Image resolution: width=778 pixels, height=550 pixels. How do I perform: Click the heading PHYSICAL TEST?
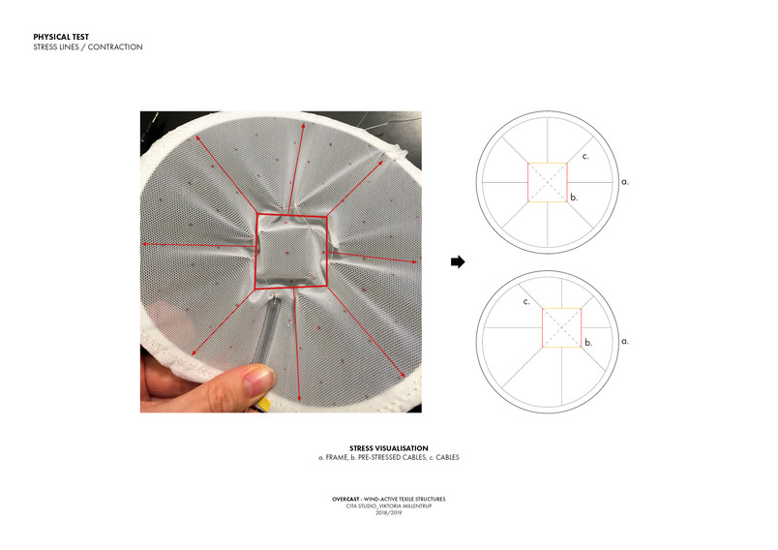click(x=61, y=37)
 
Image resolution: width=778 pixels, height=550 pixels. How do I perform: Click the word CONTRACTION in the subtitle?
click(x=115, y=47)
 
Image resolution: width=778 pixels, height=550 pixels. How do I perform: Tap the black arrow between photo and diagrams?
click(x=458, y=261)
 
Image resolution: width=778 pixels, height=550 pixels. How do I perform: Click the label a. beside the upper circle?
click(x=625, y=182)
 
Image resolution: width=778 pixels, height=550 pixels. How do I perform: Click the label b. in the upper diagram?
click(x=574, y=198)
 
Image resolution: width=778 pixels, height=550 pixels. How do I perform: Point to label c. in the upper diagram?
click(x=585, y=157)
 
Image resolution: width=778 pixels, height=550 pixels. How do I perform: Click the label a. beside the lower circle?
click(x=625, y=341)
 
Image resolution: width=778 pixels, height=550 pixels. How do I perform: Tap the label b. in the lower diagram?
click(x=588, y=342)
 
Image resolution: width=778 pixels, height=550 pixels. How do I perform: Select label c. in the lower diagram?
click(x=526, y=302)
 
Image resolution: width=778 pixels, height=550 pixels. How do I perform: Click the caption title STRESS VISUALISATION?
click(x=388, y=448)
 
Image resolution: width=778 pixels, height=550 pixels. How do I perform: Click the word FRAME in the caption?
click(x=337, y=457)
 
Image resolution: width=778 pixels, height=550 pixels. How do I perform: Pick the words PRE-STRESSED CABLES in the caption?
click(x=392, y=457)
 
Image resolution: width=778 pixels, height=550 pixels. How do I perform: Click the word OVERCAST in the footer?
click(x=345, y=500)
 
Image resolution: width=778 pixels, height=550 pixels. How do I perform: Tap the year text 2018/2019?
click(x=388, y=513)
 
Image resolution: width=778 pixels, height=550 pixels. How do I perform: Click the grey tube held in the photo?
click(x=266, y=331)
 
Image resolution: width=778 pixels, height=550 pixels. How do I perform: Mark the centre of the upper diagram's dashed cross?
click(x=548, y=182)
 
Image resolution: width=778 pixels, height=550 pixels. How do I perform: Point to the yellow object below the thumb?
click(x=264, y=404)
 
